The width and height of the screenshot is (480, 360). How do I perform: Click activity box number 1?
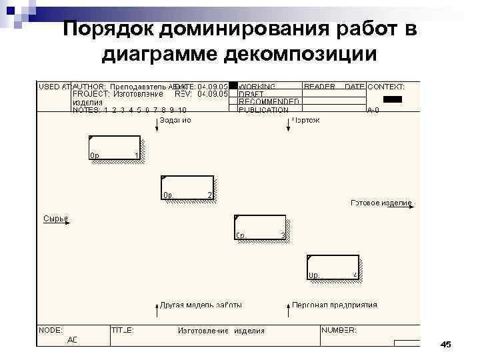115,148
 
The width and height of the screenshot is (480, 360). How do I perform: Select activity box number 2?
187,187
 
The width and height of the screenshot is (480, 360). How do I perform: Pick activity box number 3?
260,227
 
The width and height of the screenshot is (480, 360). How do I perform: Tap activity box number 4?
333,267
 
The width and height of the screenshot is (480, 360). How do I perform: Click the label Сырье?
55,218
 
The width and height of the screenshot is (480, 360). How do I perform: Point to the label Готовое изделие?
381,203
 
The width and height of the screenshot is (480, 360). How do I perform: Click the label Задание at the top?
175,121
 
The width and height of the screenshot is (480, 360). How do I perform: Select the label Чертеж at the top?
306,121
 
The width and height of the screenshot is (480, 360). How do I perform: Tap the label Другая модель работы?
201,305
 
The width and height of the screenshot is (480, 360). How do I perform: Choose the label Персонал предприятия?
335,305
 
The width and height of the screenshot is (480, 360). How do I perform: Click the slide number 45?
446,344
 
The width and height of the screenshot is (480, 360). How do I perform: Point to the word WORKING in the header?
258,87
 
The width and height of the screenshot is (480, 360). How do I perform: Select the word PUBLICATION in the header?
263,110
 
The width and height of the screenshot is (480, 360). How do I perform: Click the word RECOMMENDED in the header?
269,102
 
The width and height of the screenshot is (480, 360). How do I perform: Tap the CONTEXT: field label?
387,87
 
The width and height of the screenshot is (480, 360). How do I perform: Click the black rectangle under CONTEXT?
393,99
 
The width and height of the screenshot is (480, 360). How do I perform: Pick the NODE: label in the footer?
51,330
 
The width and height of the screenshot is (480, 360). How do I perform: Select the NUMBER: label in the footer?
339,330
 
